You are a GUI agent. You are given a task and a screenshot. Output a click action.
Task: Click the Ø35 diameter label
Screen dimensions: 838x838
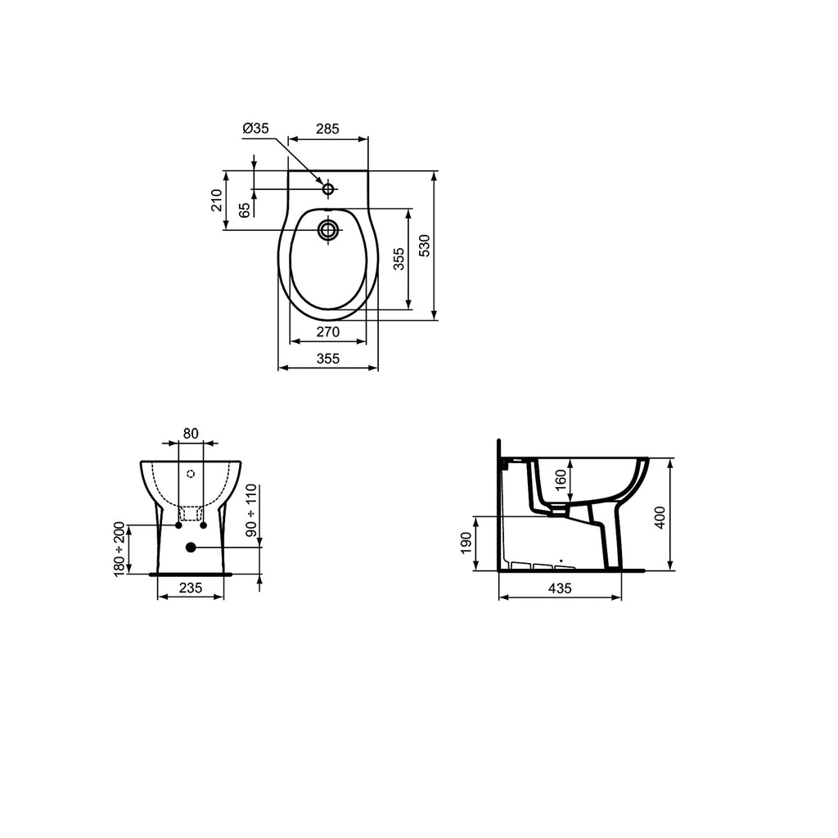255,128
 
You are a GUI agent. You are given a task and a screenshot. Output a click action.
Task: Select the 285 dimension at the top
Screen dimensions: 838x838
327,128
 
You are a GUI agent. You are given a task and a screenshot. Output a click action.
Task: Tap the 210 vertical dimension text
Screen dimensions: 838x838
217,200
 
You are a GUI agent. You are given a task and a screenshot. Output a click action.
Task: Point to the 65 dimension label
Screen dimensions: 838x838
244,209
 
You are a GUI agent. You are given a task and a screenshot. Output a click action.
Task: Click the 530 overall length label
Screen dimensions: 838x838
423,246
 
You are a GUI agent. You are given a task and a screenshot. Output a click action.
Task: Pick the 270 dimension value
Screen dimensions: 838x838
327,333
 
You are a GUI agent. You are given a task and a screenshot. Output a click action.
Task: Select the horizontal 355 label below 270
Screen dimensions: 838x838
327,358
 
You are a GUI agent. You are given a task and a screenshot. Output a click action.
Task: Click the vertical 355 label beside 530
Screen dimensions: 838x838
398,259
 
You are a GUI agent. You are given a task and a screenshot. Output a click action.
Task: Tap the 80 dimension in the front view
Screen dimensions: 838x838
191,434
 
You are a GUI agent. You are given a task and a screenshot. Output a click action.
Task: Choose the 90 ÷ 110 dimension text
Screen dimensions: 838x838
252,511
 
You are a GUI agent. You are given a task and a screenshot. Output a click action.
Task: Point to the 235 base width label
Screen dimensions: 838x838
191,587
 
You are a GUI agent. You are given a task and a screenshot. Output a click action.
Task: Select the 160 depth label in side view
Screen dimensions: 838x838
561,479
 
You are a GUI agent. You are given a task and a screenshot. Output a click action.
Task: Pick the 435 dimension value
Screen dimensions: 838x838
560,588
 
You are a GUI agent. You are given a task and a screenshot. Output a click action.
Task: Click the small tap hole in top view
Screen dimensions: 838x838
328,190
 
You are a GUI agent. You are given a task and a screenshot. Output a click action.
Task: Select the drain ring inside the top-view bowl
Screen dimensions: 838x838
328,229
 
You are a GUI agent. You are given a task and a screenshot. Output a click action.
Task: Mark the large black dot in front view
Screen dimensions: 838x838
191,547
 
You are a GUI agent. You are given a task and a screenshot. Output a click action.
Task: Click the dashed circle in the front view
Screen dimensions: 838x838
191,473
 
